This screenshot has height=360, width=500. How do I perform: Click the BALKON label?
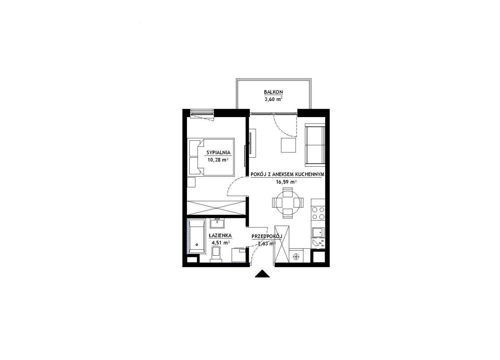coord(273,92)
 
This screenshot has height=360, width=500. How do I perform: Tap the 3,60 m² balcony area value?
coord(273,99)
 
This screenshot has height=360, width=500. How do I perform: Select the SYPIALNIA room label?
coord(218,153)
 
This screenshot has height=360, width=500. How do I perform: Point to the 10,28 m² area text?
coord(218,160)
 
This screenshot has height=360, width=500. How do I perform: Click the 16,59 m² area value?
coord(286,182)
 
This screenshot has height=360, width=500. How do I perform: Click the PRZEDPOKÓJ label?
coord(267,236)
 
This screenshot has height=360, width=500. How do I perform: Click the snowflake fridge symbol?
coord(296,256)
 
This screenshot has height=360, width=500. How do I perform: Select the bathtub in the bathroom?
coord(197,237)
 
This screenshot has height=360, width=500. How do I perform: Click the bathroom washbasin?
coord(217,223)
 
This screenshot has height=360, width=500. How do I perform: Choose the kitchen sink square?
coord(318,233)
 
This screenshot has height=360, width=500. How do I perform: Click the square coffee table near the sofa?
coord(288,145)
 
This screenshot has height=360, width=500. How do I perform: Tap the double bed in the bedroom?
coord(211,157)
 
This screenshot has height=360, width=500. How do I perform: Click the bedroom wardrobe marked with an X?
coord(216,208)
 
